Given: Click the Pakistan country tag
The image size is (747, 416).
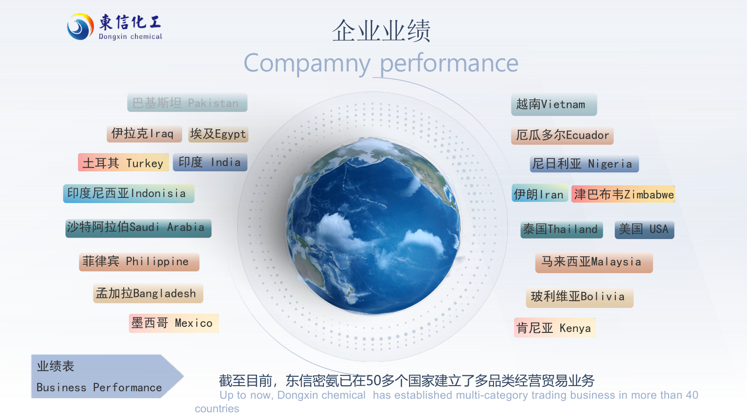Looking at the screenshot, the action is (x=187, y=103).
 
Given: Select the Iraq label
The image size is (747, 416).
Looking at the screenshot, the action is (x=144, y=134).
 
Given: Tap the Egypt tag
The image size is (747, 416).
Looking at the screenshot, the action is (x=218, y=134).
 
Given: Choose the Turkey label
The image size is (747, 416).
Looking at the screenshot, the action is (x=123, y=162).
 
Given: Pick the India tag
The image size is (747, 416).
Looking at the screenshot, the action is (x=210, y=162).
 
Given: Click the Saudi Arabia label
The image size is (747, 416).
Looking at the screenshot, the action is (x=138, y=228).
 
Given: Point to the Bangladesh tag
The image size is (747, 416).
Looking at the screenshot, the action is (x=148, y=293).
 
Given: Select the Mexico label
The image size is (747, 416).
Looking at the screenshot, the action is (x=174, y=323).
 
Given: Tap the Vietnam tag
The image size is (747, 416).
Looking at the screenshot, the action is (x=554, y=105).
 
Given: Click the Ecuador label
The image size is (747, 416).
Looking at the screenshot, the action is (x=562, y=135).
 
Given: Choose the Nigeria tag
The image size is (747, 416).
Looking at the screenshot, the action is (x=584, y=164).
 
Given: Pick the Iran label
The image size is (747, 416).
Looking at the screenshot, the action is (x=540, y=193).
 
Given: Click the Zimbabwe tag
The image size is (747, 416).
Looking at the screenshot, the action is (x=623, y=194).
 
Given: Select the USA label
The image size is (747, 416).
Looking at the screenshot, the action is (x=644, y=230).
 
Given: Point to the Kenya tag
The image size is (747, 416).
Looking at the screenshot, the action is (x=555, y=328).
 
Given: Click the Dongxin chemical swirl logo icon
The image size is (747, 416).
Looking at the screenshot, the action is (x=80, y=27).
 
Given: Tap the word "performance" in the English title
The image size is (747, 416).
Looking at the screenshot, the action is (x=449, y=63).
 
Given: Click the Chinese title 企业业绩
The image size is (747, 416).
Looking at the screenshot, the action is (x=381, y=31).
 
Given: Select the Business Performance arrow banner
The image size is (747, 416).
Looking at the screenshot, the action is (x=107, y=376).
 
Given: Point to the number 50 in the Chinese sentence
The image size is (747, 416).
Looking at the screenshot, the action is (x=373, y=381).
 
